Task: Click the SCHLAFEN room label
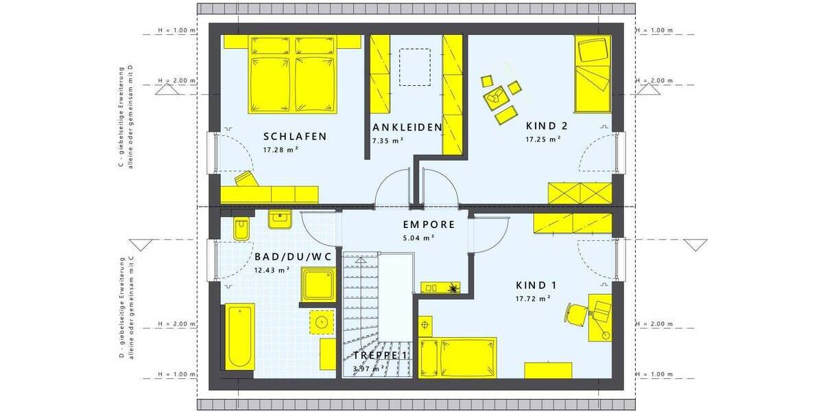(x=294, y=136)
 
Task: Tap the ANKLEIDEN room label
(x=407, y=128)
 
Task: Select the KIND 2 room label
(x=547, y=126)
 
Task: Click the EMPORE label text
(x=429, y=225)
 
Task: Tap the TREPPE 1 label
(x=380, y=356)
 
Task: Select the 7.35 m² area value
(x=387, y=140)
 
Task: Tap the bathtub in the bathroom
(x=240, y=336)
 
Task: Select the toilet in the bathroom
(x=241, y=229)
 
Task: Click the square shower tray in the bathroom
(x=318, y=285)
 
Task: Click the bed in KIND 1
(x=457, y=356)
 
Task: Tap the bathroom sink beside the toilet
(x=279, y=219)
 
